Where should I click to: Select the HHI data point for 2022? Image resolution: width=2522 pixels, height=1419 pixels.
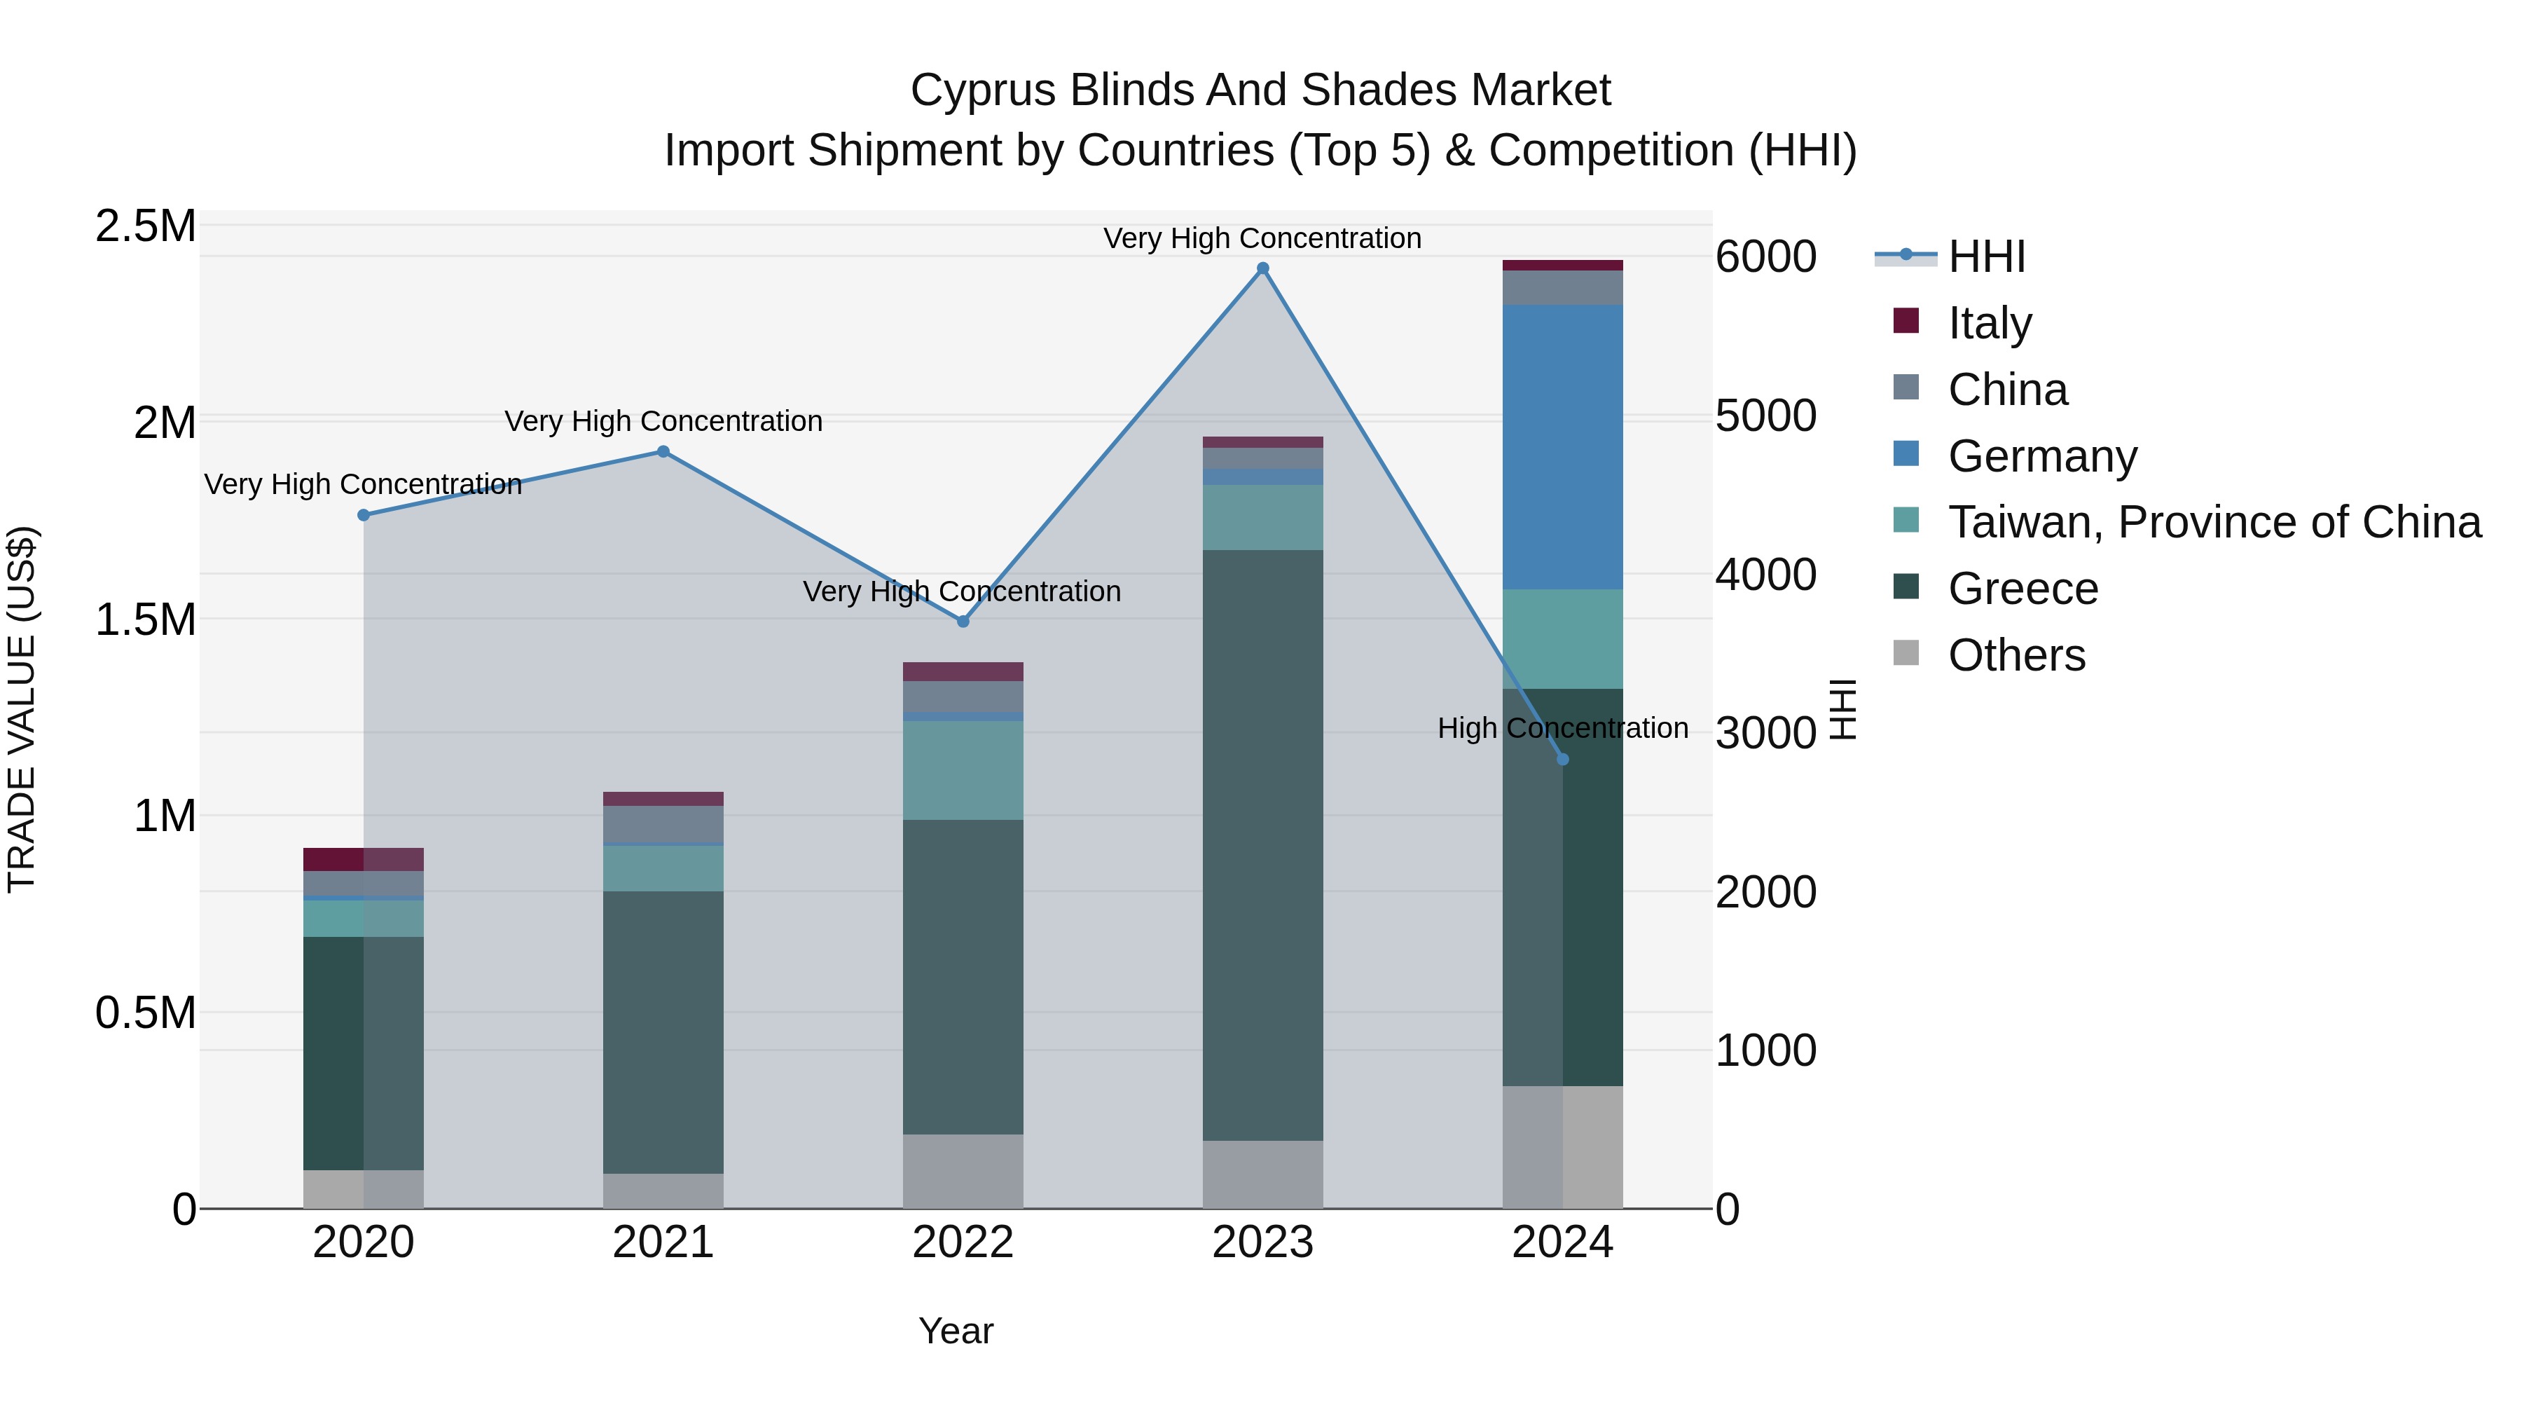(963, 621)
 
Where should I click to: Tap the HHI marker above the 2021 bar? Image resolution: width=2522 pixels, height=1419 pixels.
(663, 451)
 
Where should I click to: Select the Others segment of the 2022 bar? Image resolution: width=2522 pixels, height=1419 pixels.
(963, 1170)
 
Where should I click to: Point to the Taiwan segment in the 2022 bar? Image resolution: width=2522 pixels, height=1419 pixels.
(963, 769)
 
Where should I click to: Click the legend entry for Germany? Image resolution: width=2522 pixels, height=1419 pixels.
(2041, 456)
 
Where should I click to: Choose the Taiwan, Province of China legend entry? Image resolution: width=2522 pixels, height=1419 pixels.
(2214, 522)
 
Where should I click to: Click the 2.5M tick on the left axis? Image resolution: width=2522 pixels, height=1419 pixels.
(145, 226)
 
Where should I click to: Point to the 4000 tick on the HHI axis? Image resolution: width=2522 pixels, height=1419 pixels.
(1765, 574)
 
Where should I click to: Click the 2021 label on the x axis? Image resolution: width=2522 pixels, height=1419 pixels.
(663, 1242)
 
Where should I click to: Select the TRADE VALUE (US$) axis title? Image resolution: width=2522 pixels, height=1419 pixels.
(22, 709)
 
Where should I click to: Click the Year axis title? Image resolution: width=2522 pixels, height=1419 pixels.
(956, 1331)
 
